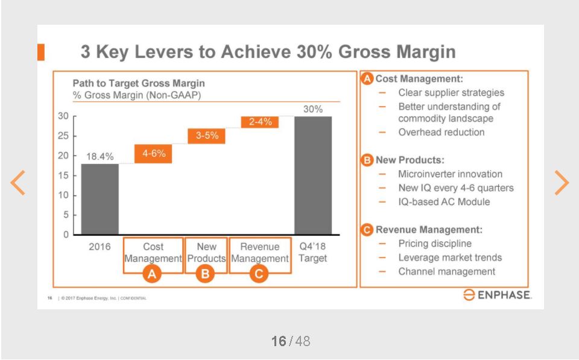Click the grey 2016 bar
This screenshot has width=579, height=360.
[x=100, y=199]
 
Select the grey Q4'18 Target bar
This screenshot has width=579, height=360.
[x=312, y=175]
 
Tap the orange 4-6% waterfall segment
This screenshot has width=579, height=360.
[x=154, y=154]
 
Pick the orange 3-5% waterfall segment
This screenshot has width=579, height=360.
[x=207, y=136]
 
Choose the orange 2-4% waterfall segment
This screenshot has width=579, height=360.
[x=260, y=122]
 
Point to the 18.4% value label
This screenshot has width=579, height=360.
[x=100, y=157]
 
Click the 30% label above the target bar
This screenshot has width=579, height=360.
[x=312, y=109]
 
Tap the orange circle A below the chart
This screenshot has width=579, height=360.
[x=153, y=274]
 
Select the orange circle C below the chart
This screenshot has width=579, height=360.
[x=259, y=274]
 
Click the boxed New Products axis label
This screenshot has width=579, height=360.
[x=206, y=253]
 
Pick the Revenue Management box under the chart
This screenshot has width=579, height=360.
[x=260, y=253]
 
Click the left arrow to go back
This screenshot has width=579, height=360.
[x=19, y=182]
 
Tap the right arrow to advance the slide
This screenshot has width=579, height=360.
[x=561, y=182]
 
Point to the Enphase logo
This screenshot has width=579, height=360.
[x=497, y=295]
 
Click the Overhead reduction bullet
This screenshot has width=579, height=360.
[x=441, y=132]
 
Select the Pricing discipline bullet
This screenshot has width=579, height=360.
[x=435, y=244]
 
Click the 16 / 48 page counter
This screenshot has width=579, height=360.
[x=290, y=341]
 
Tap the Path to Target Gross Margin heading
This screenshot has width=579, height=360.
[x=139, y=83]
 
